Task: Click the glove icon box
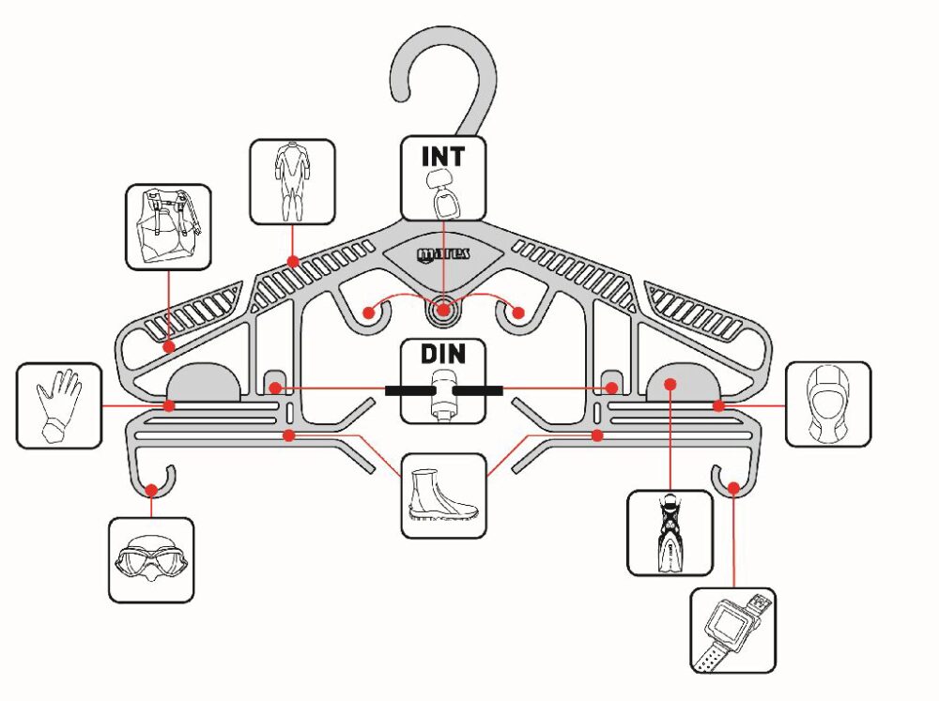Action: tap(58, 405)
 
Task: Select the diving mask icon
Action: tap(151, 559)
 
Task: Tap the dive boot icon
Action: tap(443, 495)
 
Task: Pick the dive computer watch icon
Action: tap(732, 630)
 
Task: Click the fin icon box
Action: tap(670, 532)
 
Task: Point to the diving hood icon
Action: tap(828, 405)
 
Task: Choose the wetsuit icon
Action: tap(292, 182)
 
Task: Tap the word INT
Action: tap(442, 155)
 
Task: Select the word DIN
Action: tap(442, 358)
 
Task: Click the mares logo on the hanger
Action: tap(443, 253)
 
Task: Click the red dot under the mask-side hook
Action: tap(151, 489)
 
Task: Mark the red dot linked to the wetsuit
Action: tap(293, 262)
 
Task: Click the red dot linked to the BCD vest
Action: tap(168, 346)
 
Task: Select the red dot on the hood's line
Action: tap(717, 406)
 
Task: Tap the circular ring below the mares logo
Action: tap(443, 309)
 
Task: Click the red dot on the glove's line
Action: tap(169, 406)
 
